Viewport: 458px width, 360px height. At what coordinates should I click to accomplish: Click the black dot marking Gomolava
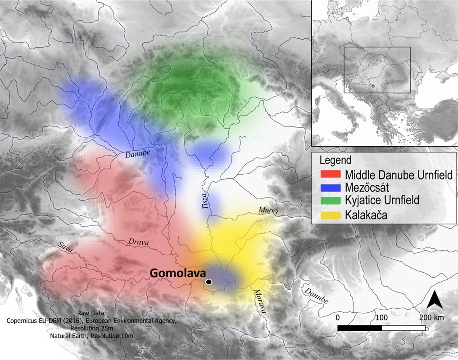point(209,282)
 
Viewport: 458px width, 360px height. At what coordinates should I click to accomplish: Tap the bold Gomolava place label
point(177,273)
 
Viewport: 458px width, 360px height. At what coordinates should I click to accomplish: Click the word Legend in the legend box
point(335,161)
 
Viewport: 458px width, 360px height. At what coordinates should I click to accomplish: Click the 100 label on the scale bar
point(381,317)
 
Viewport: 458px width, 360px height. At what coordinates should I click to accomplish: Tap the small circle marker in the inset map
point(372,85)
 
